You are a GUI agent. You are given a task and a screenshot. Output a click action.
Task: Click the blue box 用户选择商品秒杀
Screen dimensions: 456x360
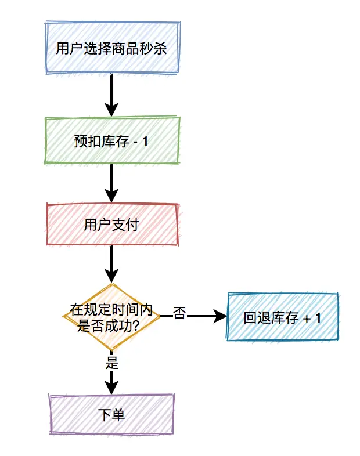[x=111, y=48]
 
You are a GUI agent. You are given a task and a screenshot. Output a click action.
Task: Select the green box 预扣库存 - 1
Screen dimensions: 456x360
[x=111, y=141]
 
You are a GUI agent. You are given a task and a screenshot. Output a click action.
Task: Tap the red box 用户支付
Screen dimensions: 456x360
[x=111, y=225]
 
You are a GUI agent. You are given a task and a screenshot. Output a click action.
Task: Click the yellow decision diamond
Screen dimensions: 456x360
[x=111, y=317]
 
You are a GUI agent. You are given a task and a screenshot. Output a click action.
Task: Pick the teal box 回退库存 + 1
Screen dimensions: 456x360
[x=283, y=317]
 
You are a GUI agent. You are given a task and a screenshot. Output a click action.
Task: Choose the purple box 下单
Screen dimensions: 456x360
[x=111, y=414]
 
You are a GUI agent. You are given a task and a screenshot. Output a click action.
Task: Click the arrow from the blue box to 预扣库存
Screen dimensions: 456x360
[x=111, y=95]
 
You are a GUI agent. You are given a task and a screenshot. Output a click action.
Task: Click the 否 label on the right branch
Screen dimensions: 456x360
[x=179, y=314]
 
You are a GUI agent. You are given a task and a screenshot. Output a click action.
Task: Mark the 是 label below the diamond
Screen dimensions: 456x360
[x=112, y=363]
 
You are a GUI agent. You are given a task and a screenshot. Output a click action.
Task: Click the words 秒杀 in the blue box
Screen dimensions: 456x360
[x=153, y=48]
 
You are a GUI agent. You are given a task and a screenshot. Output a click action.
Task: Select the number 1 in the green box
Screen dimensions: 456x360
[x=146, y=142]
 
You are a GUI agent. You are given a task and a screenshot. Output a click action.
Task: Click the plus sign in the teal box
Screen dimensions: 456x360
[x=306, y=319]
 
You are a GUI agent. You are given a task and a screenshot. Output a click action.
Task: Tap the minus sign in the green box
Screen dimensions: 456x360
[x=135, y=142]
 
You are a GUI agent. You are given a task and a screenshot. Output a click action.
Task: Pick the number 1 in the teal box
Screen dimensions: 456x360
[x=317, y=318]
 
